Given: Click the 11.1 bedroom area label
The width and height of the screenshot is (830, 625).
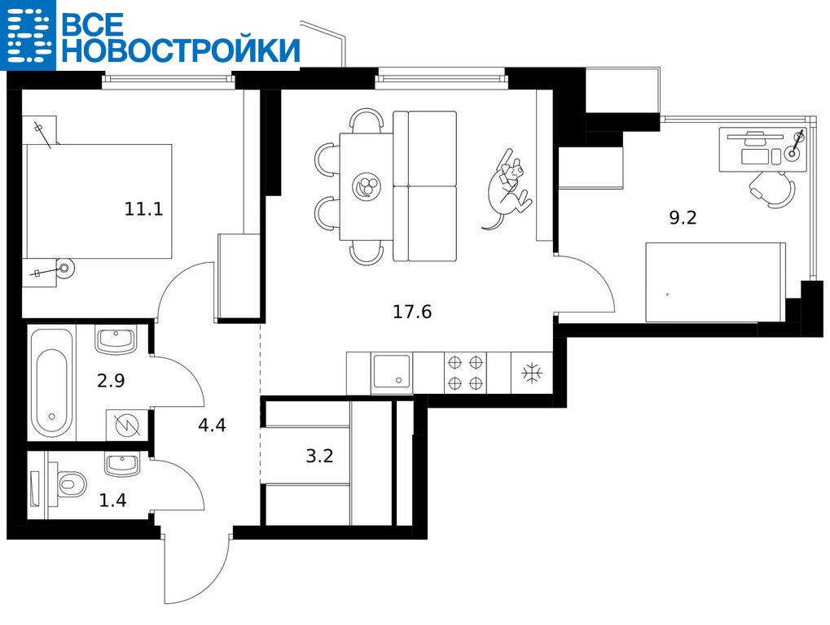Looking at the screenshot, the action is pos(143,209).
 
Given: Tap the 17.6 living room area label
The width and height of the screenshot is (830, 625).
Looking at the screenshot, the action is pos(412,312).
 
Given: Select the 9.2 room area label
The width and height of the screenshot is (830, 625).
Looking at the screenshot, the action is pos(683,217).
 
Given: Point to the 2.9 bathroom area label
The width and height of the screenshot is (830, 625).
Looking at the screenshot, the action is pos(111,380).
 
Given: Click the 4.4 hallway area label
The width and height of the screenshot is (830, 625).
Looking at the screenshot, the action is pos(212,425).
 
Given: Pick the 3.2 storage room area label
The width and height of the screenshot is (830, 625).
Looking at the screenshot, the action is pos(320,455).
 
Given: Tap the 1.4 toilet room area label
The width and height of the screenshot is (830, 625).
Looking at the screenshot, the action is pos(112,500).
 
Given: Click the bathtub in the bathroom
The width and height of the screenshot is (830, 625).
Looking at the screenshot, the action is pos(51,382).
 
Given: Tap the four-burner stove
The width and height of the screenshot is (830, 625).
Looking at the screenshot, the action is pos(466,373).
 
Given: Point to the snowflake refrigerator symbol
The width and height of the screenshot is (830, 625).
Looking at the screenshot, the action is pos(532,374).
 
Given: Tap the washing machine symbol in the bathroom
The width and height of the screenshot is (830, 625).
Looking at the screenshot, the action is pos(127,425).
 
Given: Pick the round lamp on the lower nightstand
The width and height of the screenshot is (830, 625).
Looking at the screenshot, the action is pos(65,269).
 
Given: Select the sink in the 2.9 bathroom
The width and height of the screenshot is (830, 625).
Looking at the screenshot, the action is pos(116,340).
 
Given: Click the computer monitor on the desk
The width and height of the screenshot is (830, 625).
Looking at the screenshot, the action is pos(755,136).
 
